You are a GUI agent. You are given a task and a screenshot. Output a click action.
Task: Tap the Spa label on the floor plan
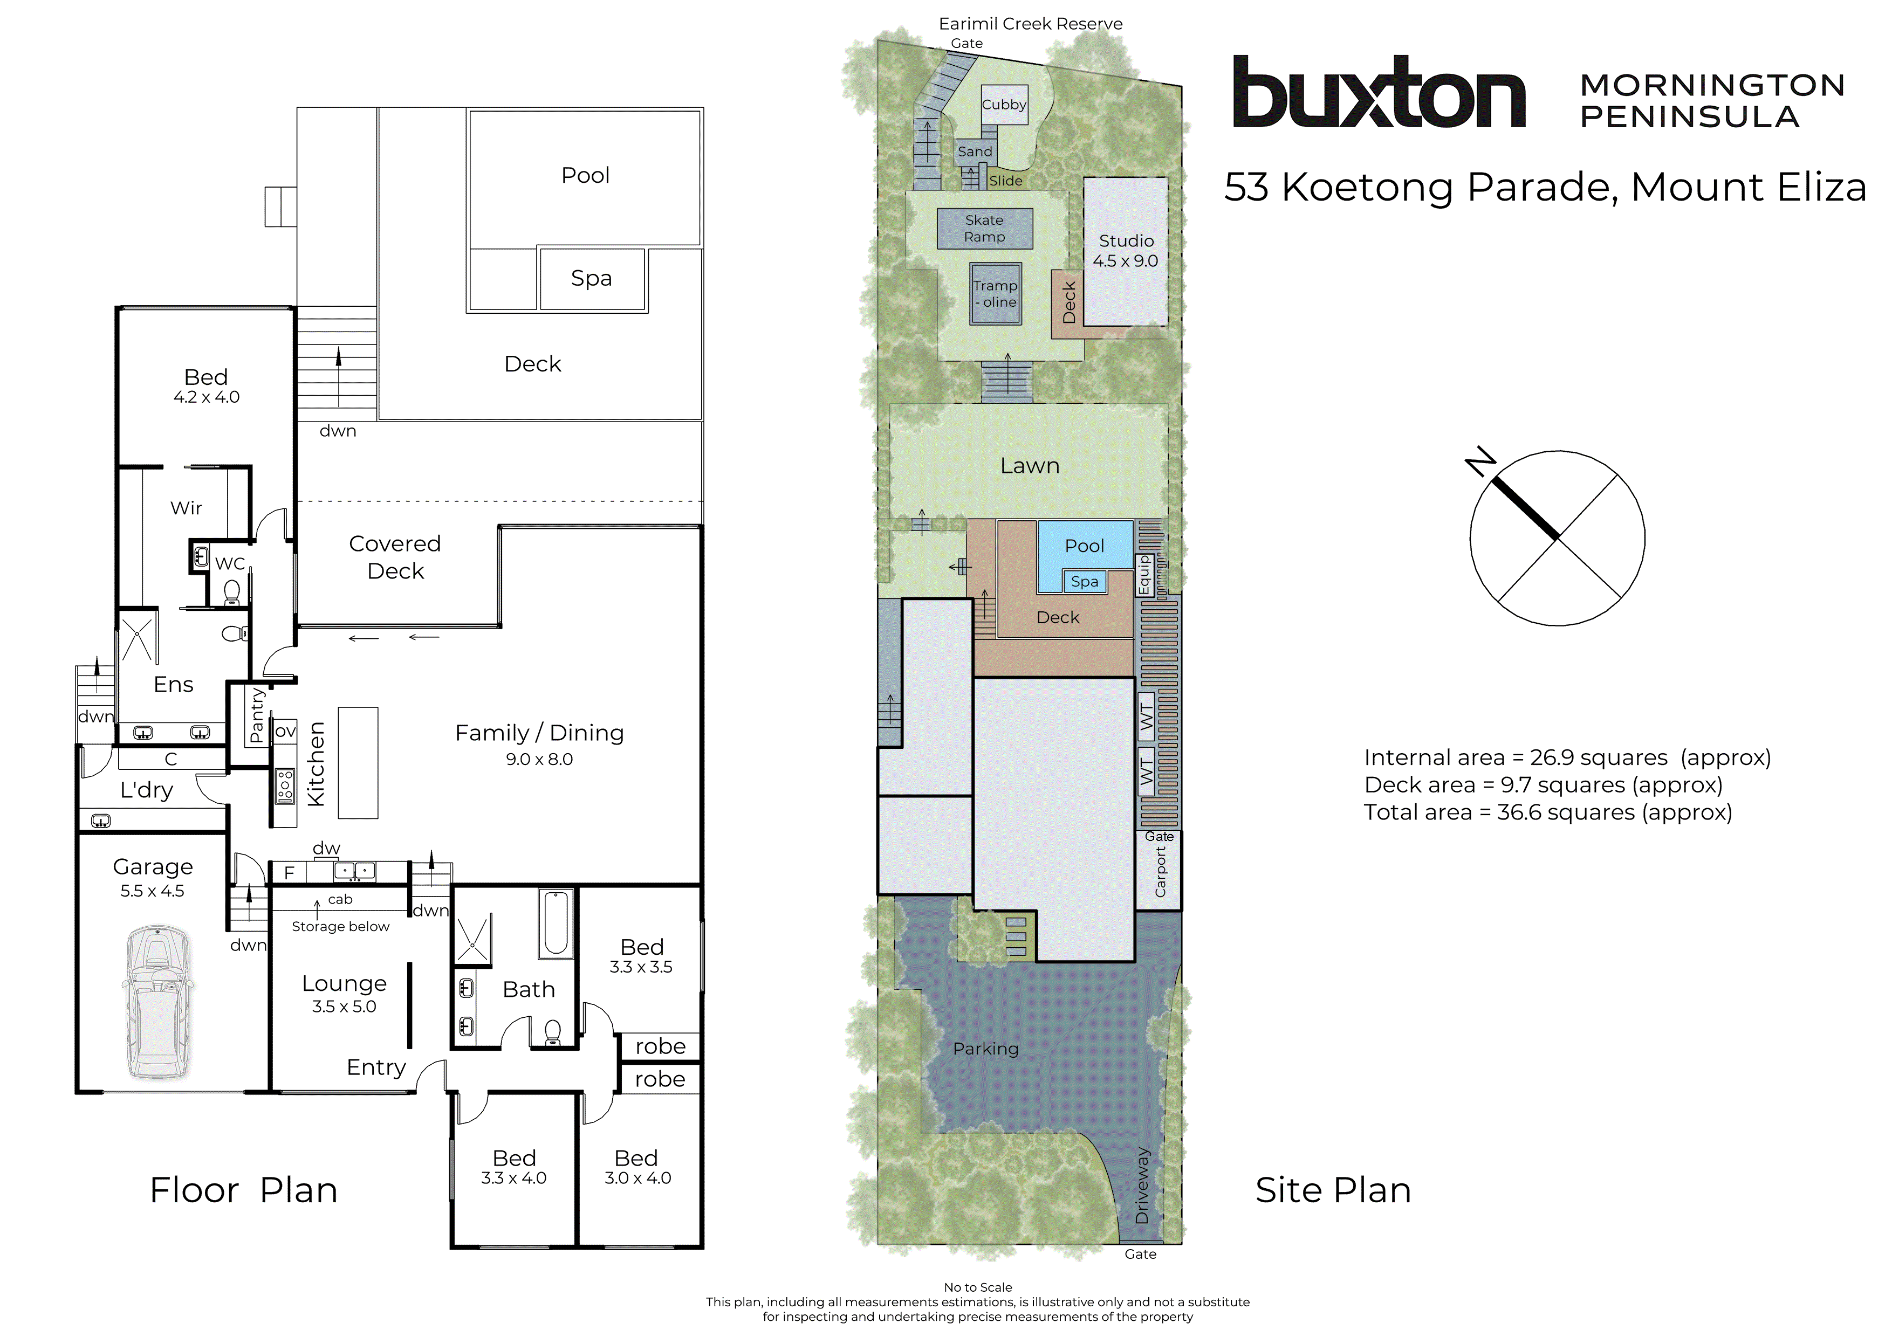tap(591, 278)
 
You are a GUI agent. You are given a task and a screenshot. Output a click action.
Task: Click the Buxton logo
tap(1378, 92)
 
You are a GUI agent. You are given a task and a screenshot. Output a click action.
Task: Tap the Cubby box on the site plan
tap(1004, 105)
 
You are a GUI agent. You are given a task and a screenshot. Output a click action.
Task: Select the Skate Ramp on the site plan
tap(984, 228)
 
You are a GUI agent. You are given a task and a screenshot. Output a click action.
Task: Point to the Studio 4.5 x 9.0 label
tap(1125, 251)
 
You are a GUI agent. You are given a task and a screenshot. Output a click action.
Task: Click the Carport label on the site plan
tap(1160, 872)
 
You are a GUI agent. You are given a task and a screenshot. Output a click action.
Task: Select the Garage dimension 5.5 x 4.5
tap(153, 891)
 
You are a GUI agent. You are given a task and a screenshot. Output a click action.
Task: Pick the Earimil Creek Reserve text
tap(1030, 24)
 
